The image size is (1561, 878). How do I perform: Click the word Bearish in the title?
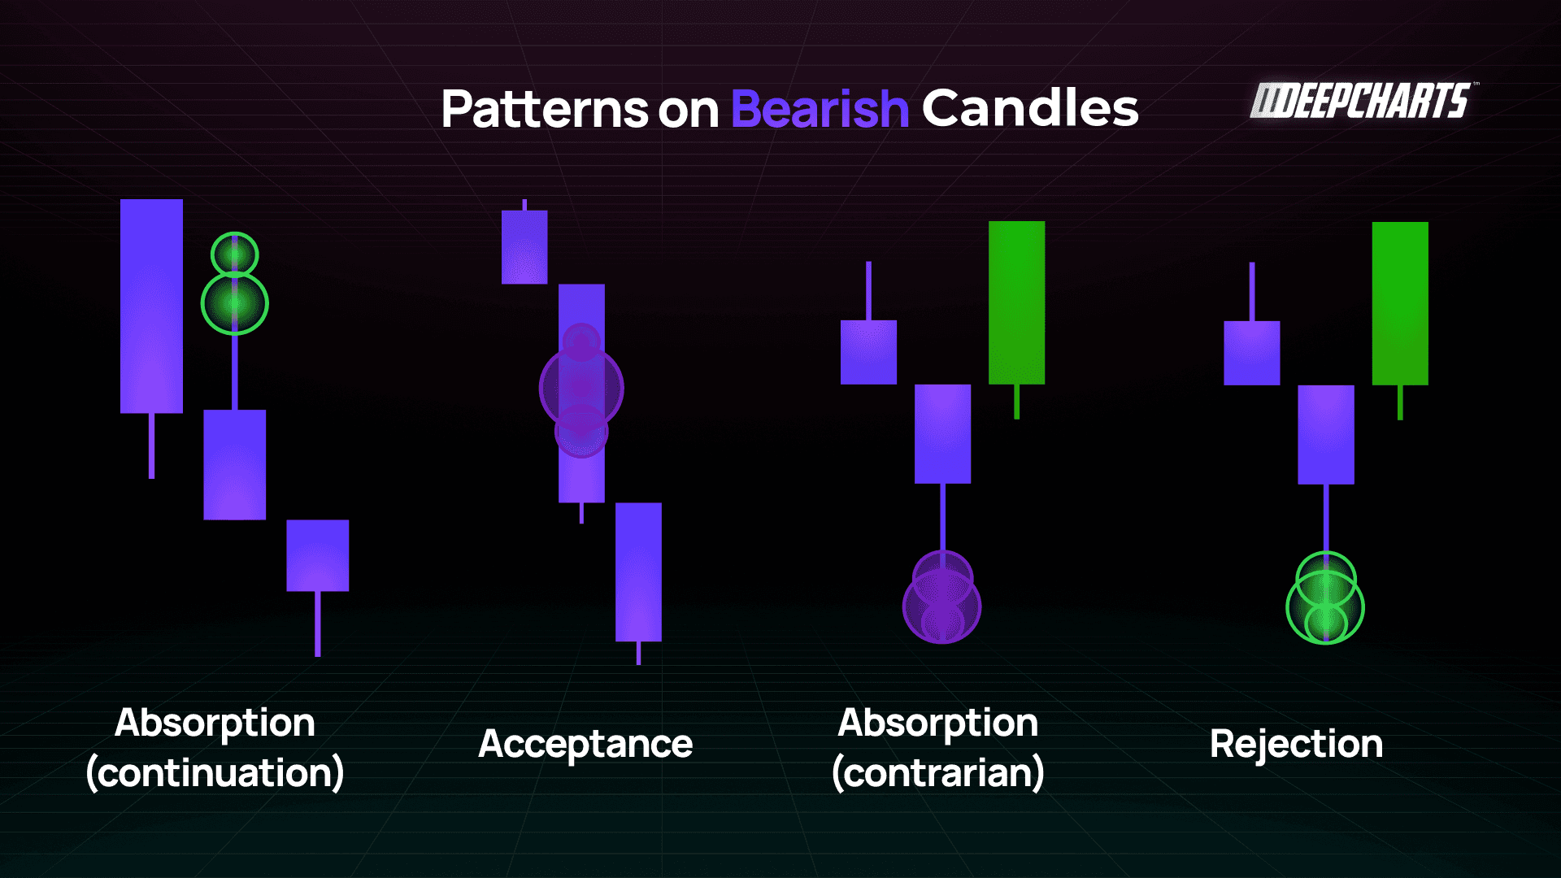pyautogui.click(x=820, y=109)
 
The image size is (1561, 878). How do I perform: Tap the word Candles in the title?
pyautogui.click(x=1030, y=109)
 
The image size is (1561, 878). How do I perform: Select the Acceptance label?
pyautogui.click(x=585, y=744)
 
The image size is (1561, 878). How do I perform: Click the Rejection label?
pyautogui.click(x=1296, y=744)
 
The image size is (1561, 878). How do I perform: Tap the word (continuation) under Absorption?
pyautogui.click(x=215, y=772)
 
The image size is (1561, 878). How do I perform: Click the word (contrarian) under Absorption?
pyautogui.click(x=937, y=772)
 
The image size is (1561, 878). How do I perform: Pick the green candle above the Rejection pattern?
pyautogui.click(x=1400, y=302)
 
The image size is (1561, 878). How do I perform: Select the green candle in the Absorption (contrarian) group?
pyautogui.click(x=1016, y=302)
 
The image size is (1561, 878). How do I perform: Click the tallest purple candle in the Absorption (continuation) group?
pyautogui.click(x=151, y=306)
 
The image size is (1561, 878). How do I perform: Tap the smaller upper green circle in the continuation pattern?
pyautogui.click(x=235, y=254)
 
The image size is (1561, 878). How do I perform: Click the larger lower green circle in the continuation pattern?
pyautogui.click(x=235, y=303)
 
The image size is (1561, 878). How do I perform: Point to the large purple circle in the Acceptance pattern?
pyautogui.click(x=581, y=389)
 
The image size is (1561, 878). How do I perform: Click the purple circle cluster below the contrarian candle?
pyautogui.click(x=942, y=602)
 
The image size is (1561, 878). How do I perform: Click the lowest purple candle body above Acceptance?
pyautogui.click(x=638, y=572)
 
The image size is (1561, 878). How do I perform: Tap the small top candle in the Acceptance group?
pyautogui.click(x=524, y=247)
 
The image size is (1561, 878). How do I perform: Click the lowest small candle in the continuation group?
pyautogui.click(x=317, y=555)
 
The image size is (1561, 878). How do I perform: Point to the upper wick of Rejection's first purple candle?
pyautogui.click(x=1252, y=291)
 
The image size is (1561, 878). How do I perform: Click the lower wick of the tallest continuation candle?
pyautogui.click(x=151, y=446)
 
